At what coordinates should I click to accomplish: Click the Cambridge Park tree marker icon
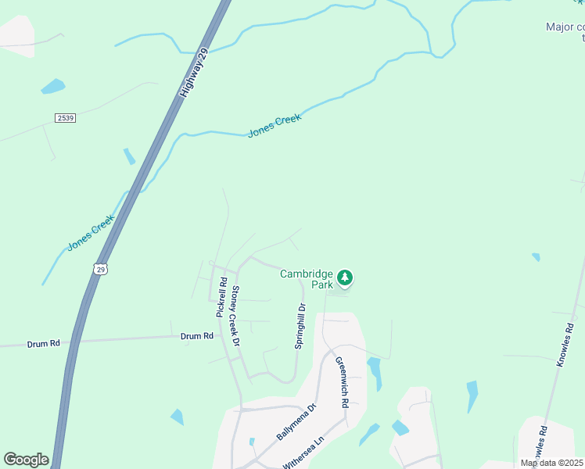[x=345, y=277]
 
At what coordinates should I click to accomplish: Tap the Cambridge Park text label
[x=307, y=279]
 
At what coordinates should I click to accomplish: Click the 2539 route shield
[x=66, y=118]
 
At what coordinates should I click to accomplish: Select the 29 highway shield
[x=100, y=269]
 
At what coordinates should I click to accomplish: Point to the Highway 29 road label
[x=194, y=72]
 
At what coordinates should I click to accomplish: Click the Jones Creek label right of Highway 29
[x=274, y=126]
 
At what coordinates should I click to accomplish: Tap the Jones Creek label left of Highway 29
[x=91, y=232]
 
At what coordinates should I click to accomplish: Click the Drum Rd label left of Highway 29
[x=44, y=342]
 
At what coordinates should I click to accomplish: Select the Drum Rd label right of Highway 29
[x=196, y=336]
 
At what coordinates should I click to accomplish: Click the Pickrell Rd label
[x=221, y=298]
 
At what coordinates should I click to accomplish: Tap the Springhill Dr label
[x=300, y=326]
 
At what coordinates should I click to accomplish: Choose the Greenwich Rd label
[x=341, y=382]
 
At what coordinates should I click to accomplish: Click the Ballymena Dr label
[x=296, y=423]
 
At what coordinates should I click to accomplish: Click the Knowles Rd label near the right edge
[x=569, y=344]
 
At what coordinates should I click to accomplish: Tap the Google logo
[x=26, y=460]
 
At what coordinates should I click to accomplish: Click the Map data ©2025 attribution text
[x=552, y=463]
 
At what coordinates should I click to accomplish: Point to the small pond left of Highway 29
[x=53, y=86]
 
